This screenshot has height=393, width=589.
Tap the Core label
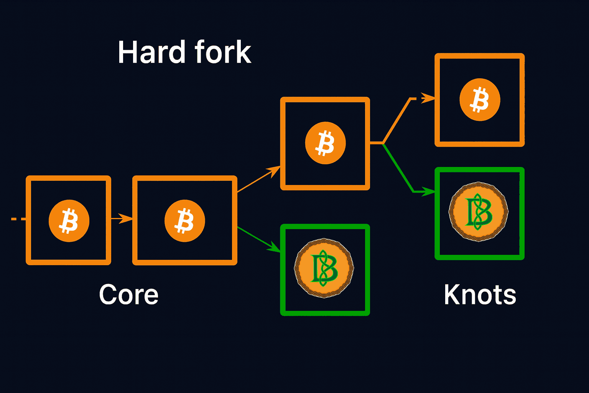[x=128, y=295]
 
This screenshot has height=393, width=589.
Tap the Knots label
[x=480, y=295]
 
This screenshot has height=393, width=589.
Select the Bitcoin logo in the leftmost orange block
[x=69, y=221]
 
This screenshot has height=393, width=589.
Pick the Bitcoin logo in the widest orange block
[x=185, y=221]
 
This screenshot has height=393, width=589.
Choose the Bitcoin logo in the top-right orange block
[x=480, y=100]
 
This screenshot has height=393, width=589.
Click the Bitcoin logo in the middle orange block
[x=325, y=143]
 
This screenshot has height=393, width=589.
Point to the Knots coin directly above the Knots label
[x=479, y=211]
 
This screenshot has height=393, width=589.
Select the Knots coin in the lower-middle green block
[x=324, y=268]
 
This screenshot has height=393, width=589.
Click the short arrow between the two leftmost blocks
[x=122, y=218]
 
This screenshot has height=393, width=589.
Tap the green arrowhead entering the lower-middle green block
[x=275, y=248]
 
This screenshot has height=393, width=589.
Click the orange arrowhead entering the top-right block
[x=428, y=98]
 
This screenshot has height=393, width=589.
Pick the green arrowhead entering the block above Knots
[x=428, y=191]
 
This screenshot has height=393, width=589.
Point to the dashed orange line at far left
[x=18, y=219]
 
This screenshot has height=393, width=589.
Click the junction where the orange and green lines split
[x=383, y=143]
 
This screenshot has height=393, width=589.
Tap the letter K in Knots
[x=451, y=295]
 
